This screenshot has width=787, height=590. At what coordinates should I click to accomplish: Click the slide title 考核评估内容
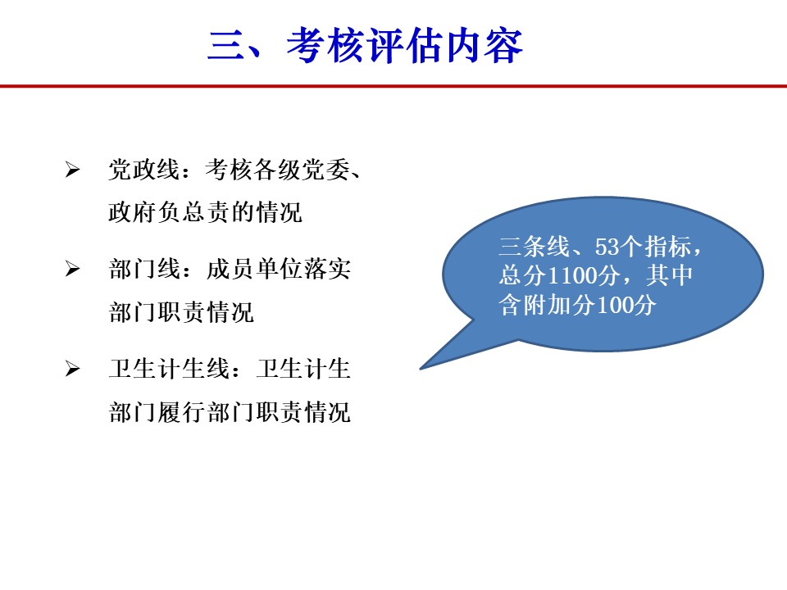coord(404,46)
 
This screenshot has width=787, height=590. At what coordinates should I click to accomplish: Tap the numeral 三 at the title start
coord(226,46)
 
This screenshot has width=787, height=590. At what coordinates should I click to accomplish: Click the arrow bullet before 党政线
coord(72,170)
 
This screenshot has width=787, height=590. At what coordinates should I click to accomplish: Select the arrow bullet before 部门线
coord(72,270)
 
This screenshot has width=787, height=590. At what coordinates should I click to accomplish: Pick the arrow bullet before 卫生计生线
coord(72,370)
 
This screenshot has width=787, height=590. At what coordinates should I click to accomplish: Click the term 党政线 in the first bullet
coord(144,170)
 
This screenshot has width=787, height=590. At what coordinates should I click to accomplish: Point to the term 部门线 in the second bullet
coord(144,270)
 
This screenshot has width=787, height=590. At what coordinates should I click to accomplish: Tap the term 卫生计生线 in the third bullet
coord(169,369)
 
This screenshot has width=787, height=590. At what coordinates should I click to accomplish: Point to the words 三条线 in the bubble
coord(535,247)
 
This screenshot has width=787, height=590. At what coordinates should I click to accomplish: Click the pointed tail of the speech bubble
coord(421,369)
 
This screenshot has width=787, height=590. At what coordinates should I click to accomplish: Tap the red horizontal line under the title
coord(393,86)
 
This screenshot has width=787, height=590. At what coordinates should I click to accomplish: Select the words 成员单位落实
coord(278,270)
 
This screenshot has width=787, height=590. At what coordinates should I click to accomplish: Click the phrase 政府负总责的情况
coord(205,212)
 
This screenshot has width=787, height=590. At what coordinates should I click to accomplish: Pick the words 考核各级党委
coord(278,170)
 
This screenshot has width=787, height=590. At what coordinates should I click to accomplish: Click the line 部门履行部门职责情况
coord(230,412)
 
